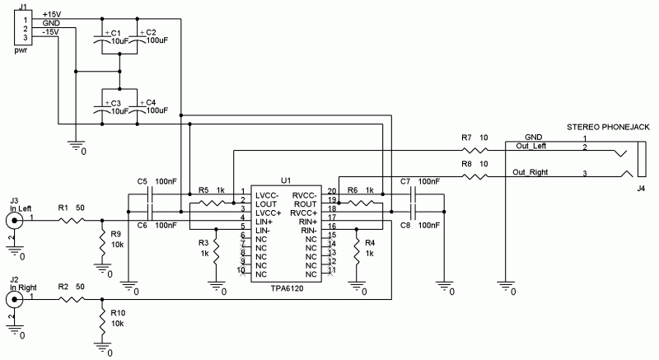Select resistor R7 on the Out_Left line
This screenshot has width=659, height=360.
(472, 152)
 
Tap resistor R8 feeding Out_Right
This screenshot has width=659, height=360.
(472, 175)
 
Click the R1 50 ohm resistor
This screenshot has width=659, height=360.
(71, 220)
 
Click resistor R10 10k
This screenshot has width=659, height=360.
(101, 322)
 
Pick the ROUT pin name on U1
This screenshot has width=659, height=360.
(305, 203)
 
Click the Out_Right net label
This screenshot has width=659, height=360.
(531, 172)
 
